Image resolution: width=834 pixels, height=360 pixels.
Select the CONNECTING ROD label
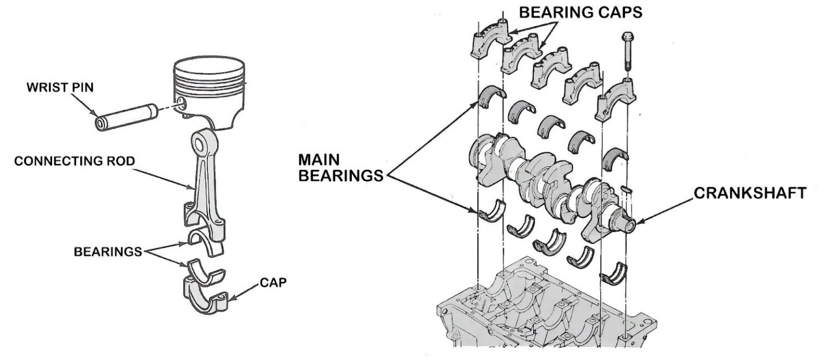[x=74, y=162]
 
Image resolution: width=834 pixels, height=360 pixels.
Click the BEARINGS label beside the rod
[x=108, y=252]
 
